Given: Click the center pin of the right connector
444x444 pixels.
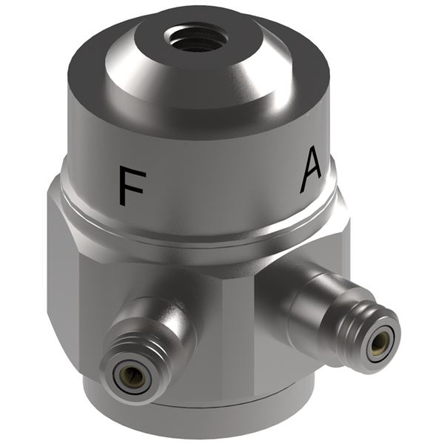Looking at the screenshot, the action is tap(379, 343).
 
